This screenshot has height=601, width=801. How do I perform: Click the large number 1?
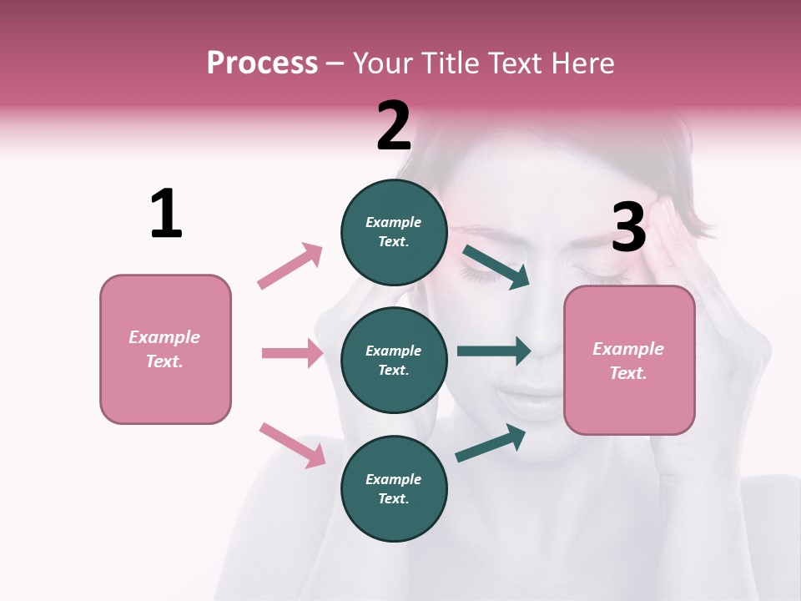tap(166, 214)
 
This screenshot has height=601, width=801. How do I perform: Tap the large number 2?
tap(394, 126)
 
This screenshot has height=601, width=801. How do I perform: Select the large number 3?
tap(628, 228)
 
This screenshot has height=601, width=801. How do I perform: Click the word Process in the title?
tap(262, 63)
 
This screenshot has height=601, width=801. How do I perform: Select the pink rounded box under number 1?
tap(165, 349)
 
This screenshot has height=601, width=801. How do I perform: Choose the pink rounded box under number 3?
tap(629, 361)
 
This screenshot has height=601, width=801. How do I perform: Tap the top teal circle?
tap(394, 232)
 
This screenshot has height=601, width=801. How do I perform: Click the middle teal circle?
tap(394, 361)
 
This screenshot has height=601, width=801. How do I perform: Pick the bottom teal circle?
tap(394, 489)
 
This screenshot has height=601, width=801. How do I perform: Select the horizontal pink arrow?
tap(292, 353)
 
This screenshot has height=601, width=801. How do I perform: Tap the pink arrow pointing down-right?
tap(293, 444)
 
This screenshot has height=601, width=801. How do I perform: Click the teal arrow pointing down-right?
tap(496, 266)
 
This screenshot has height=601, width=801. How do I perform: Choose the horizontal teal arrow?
tap(494, 351)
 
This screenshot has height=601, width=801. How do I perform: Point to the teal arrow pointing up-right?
tap(491, 443)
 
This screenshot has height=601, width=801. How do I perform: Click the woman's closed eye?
tap(481, 275)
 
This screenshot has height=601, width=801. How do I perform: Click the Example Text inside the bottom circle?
tap(394, 489)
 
